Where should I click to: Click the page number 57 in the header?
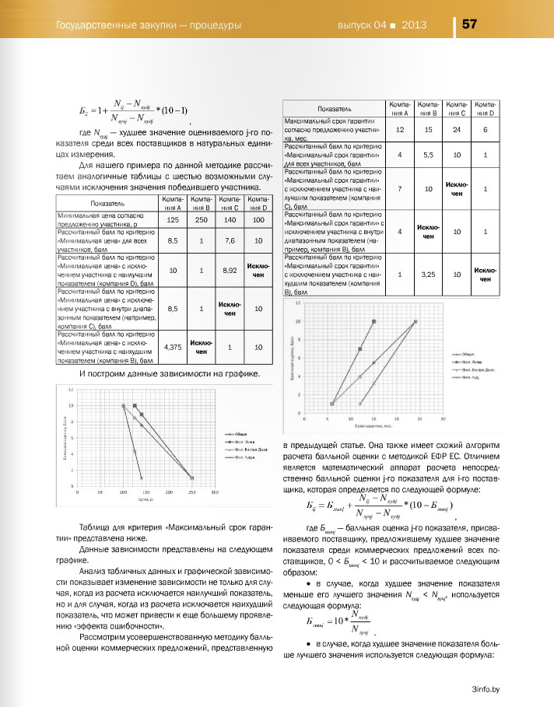[470, 24]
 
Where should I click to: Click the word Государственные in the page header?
[96, 25]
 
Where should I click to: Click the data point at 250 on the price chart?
[192, 478]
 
